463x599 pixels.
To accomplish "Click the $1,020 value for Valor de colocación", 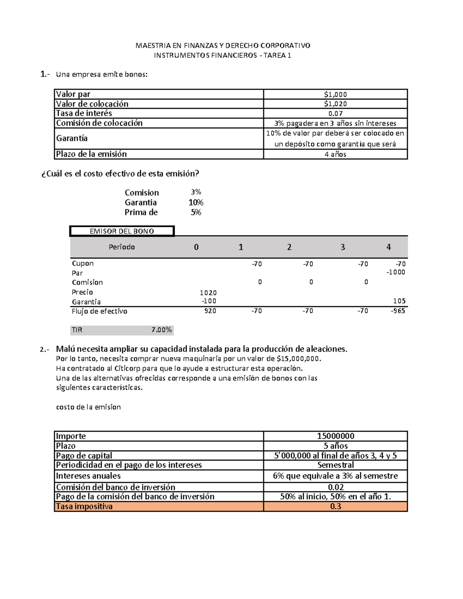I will coord(335,104).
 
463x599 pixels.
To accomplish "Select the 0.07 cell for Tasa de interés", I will coord(335,113).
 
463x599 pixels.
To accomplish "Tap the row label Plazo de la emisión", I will coord(91,154).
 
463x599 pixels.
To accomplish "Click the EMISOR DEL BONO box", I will coord(122,231).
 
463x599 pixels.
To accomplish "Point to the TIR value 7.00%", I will coord(161,330).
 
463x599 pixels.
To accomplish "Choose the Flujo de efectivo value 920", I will coord(210,311).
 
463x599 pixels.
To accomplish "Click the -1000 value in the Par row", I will coord(396,272).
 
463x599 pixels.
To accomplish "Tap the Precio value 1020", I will coord(208,293).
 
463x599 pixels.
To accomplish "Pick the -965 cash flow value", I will coord(397,311).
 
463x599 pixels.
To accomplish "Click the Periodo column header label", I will coord(122,247).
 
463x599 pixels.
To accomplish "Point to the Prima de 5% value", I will coord(196,213).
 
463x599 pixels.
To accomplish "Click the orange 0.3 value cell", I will coord(335,506).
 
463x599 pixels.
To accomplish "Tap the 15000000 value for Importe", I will coord(335,436).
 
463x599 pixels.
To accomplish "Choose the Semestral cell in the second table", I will coord(335,465).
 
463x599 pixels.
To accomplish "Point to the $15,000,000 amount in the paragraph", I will coord(298,359).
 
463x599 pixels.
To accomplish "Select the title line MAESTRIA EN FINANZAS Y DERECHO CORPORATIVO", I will coord(223,46).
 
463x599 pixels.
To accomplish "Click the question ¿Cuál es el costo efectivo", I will coord(120,174).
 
